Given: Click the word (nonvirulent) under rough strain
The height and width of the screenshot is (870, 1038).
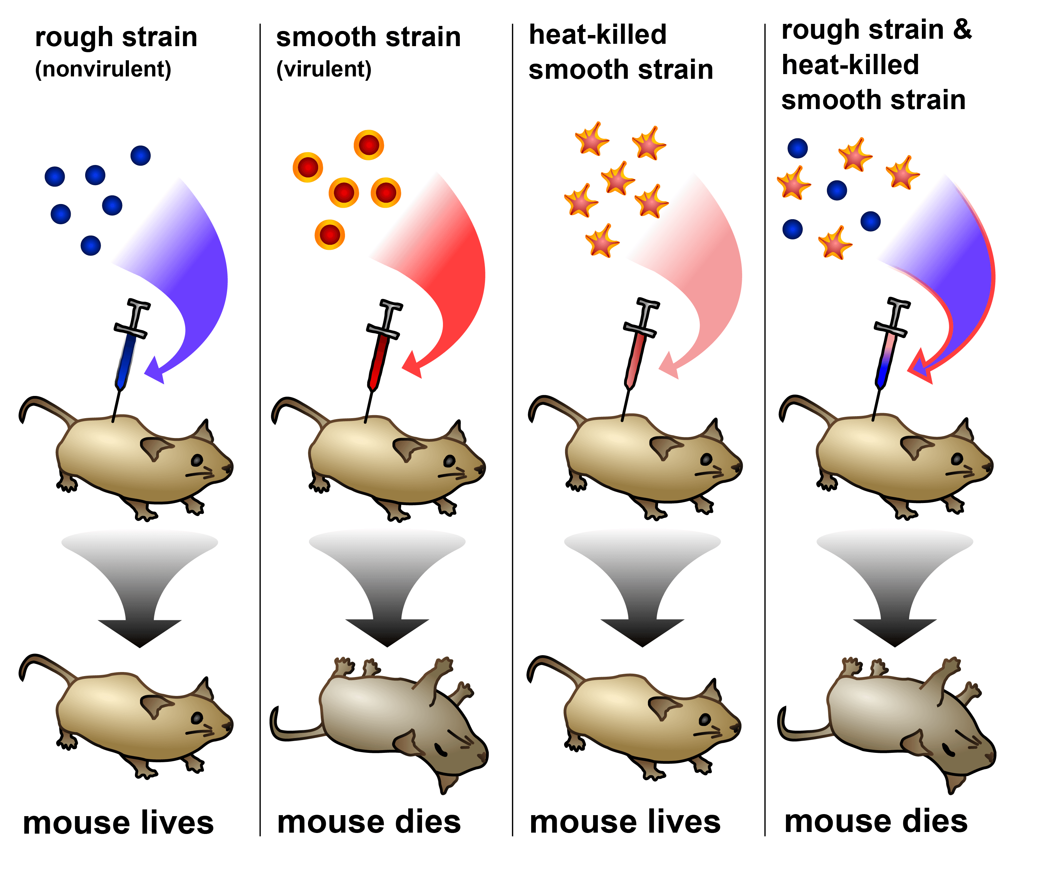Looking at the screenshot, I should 103,69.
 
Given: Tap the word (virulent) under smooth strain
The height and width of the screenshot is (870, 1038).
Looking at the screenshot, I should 324,69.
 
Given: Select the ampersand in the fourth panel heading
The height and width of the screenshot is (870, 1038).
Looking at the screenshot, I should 962,30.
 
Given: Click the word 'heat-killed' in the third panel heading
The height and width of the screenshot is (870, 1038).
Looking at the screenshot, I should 598,35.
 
